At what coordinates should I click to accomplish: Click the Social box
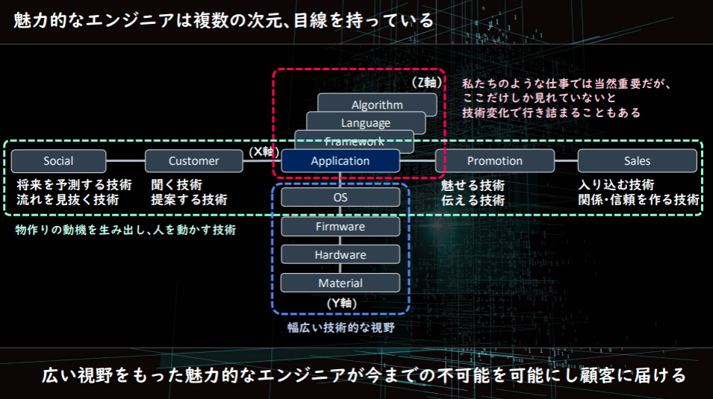[58, 161]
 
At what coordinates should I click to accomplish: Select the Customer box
[194, 161]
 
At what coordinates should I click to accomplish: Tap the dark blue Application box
[340, 161]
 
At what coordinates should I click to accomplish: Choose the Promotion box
[495, 161]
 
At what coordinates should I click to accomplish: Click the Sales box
[637, 161]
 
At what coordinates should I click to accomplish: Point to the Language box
[366, 122]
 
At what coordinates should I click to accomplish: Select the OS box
[340, 198]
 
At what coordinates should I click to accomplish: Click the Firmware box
[340, 227]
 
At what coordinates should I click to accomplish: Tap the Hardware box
[340, 255]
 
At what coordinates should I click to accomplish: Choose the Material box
[340, 283]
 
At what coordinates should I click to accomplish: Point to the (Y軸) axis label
[341, 304]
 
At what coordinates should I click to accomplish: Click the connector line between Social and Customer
[125, 161]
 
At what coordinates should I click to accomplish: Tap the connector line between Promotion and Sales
[566, 161]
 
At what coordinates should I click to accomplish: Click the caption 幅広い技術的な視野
[340, 327]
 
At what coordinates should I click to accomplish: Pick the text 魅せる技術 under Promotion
[473, 185]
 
